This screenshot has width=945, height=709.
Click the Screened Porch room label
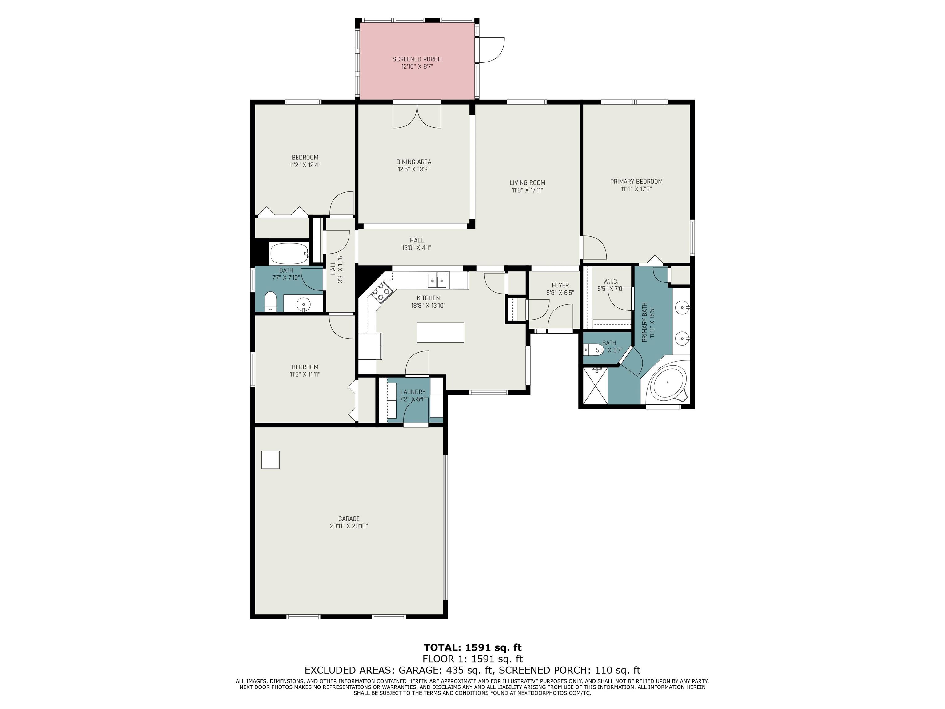click(x=417, y=59)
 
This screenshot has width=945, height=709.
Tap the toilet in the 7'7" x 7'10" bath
click(x=271, y=302)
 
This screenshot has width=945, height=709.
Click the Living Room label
click(x=528, y=183)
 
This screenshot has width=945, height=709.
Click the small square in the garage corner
click(x=270, y=460)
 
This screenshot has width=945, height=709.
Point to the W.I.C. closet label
click(x=611, y=282)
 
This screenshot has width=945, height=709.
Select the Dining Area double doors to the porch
click(x=417, y=115)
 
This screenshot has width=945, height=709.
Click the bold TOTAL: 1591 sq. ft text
click(x=472, y=647)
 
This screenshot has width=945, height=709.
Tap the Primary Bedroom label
click(x=636, y=182)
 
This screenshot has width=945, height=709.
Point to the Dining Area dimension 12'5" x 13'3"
click(x=413, y=169)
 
